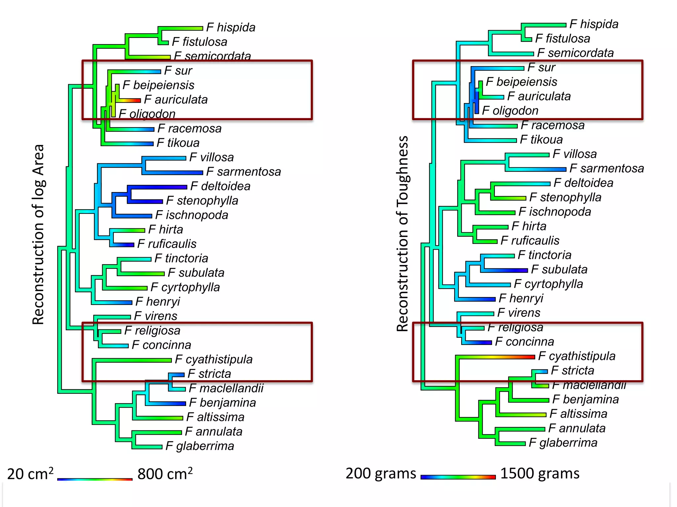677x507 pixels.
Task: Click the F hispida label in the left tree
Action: tap(231, 27)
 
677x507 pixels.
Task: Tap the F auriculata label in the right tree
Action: tap(539, 96)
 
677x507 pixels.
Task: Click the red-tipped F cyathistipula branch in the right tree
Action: tap(516, 357)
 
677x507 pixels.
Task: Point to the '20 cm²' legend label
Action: tap(30, 474)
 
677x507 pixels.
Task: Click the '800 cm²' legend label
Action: tap(165, 474)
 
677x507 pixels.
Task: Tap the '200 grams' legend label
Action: tap(381, 473)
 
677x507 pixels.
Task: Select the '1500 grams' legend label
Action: tap(539, 473)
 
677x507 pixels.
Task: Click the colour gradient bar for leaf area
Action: tap(95, 479)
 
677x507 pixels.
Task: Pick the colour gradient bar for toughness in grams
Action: tap(458, 477)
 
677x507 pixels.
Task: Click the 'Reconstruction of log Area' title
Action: tap(38, 234)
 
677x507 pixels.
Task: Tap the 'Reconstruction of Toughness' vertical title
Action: tap(402, 233)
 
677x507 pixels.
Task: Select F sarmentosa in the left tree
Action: tap(243, 172)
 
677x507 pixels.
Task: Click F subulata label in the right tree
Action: tap(559, 270)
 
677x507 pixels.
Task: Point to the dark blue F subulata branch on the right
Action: tap(509, 270)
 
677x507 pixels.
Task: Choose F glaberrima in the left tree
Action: tap(200, 446)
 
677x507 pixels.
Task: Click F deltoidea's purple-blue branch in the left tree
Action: tap(165, 187)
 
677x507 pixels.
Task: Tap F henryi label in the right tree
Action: tap(521, 298)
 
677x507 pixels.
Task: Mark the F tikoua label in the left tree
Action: tap(178, 143)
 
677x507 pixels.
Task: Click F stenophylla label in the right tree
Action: tap(565, 197)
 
